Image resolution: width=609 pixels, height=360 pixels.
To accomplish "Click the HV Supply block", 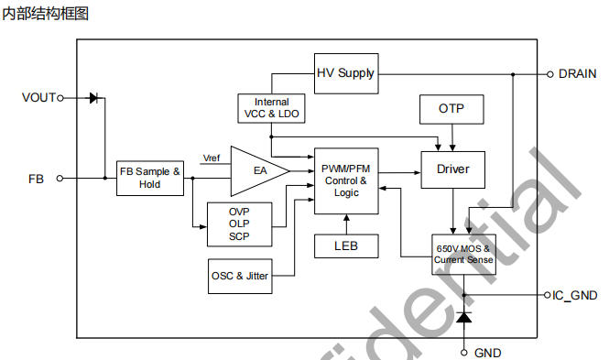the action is point(346,73).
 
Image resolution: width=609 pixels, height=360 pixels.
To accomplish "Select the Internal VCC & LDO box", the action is point(271,108).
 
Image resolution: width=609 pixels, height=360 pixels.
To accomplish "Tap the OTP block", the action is point(451,109).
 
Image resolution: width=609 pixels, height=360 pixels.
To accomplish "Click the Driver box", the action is point(453,169).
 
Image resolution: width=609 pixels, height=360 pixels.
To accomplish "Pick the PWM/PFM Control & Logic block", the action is point(346,180).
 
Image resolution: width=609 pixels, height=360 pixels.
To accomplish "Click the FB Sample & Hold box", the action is point(150,179).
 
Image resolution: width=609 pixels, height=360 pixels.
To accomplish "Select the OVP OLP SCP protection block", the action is point(239,224).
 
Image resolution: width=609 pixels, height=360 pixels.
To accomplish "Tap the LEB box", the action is point(346,245).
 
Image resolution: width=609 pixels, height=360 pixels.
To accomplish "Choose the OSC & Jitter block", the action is point(240,276).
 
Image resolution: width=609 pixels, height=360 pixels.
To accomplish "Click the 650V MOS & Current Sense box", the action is point(463,255).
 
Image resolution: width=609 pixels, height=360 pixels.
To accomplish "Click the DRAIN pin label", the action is point(577,74).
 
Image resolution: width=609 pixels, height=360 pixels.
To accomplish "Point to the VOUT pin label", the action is point(38,97).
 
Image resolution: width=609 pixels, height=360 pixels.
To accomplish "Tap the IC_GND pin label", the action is point(574,296).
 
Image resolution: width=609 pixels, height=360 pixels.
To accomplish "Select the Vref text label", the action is point(212,158).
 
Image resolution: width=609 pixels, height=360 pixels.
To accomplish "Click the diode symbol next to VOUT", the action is point(94,98).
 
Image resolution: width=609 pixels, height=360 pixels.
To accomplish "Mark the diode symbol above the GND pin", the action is point(463,317).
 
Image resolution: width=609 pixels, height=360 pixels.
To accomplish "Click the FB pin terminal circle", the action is point(60,179).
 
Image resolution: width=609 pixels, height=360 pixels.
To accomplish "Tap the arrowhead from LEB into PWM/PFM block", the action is point(346,217).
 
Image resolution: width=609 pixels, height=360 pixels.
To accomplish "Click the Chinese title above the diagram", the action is point(46,14).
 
